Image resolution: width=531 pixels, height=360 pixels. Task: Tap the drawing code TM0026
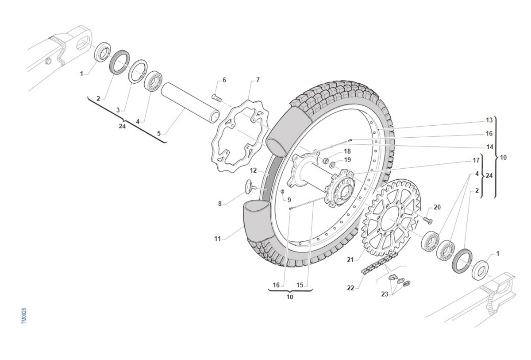tap(24, 316)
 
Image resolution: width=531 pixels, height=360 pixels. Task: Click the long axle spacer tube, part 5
tap(190, 103)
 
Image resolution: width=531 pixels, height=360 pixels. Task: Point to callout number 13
tap(489, 120)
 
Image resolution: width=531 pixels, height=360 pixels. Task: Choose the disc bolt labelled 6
tap(216, 97)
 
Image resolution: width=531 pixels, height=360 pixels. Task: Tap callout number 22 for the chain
tap(350, 288)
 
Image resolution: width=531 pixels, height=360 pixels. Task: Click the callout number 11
tap(217, 239)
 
